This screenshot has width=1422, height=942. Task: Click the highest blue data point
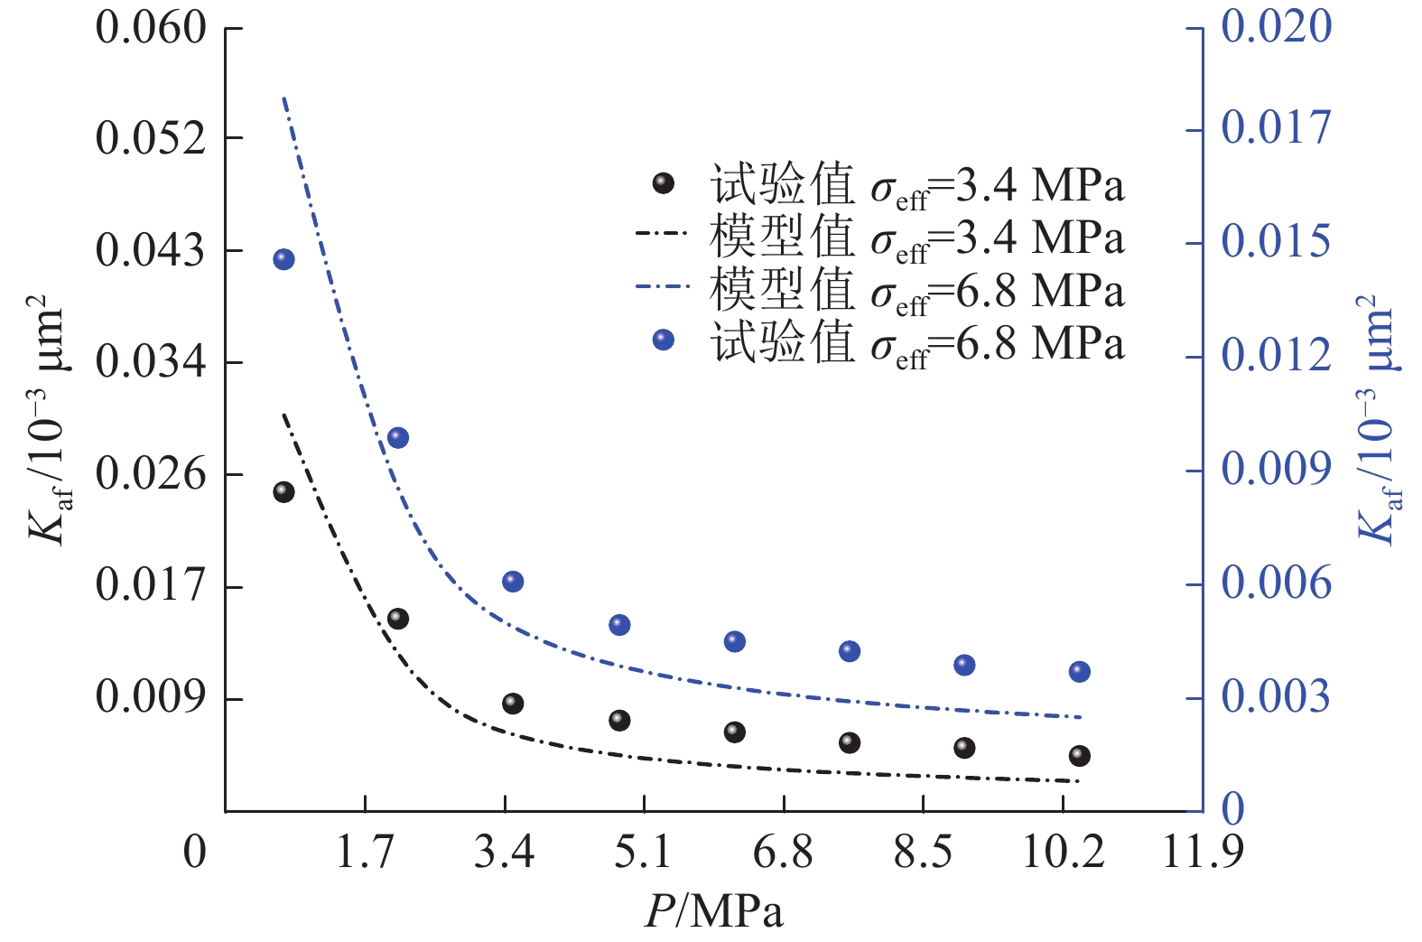(x=283, y=260)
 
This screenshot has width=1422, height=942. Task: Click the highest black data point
(x=283, y=492)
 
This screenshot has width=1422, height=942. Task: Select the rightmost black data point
(x=1079, y=756)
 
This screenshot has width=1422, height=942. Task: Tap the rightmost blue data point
(x=1079, y=672)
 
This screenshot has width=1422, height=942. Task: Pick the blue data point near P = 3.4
(x=513, y=582)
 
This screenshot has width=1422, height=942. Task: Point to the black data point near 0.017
(x=398, y=619)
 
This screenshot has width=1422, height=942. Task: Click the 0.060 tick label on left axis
(x=151, y=28)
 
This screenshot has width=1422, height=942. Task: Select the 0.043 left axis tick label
(x=151, y=250)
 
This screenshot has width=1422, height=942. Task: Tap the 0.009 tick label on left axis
(x=151, y=697)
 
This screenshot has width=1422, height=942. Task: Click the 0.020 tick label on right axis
(x=1276, y=26)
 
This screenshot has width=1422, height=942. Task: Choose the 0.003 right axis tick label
(x=1276, y=696)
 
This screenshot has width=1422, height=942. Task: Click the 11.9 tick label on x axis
(x=1203, y=852)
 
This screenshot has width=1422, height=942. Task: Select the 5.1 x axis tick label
(x=643, y=852)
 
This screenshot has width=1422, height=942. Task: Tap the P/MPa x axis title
(x=713, y=912)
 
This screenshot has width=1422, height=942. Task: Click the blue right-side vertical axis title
(x=1377, y=420)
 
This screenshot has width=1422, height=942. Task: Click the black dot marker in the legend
(x=664, y=183)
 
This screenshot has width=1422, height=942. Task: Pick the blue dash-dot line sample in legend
(x=664, y=288)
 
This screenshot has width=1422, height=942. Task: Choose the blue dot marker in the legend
(x=664, y=340)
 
